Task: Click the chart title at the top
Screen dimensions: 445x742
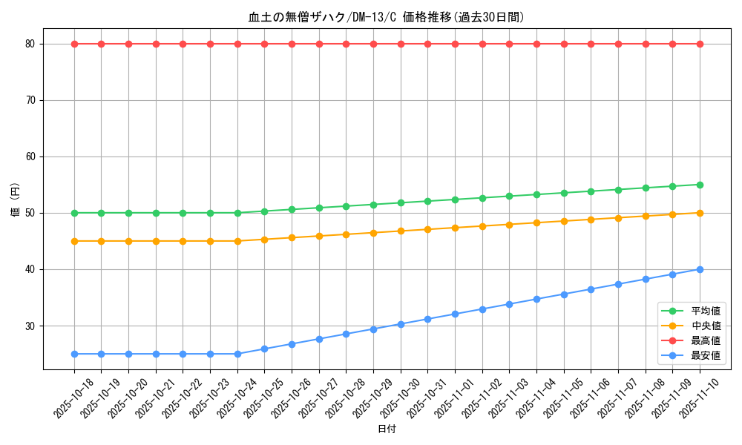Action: pos(386,17)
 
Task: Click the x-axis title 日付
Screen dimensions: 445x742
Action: pos(386,429)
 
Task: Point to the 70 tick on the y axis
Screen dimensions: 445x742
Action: pos(30,100)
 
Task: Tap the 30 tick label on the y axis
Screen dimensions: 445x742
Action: pos(30,326)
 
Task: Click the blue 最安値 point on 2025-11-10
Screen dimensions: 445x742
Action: pos(700,269)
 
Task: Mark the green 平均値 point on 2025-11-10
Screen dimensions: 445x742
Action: pos(700,185)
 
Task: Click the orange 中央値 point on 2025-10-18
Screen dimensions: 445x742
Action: pos(74,241)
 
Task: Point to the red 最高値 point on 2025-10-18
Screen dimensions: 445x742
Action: pos(74,44)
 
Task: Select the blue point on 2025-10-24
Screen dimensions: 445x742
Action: pos(237,354)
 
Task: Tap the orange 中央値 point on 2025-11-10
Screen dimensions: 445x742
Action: pos(700,213)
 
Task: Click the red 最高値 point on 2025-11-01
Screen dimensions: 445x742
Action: pos(455,44)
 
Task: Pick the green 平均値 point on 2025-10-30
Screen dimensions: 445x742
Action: pos(401,202)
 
